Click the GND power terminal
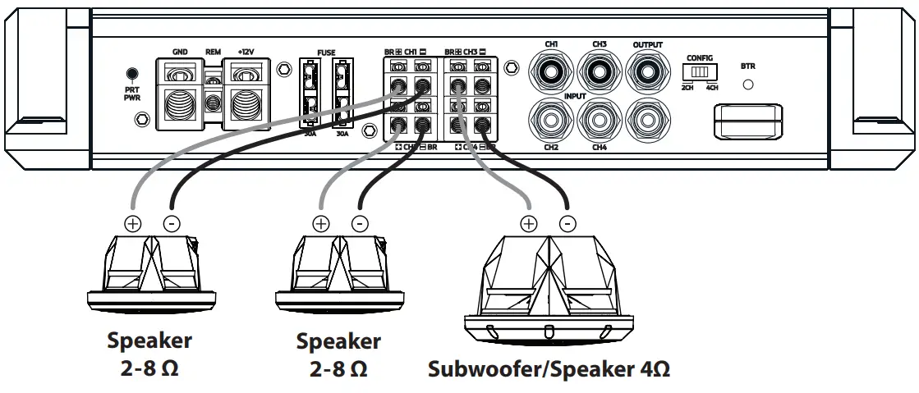coord(179,95)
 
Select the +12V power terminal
coord(246,95)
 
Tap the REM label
coord(214,52)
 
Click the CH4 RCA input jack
coord(598,121)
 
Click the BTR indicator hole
coord(748,84)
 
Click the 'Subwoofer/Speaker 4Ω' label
coord(549,368)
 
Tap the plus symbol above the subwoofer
coord(529,222)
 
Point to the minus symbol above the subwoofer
coord(567,222)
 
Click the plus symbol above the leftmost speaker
coord(133,222)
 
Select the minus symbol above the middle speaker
coord(359,222)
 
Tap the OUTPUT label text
coord(647,44)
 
